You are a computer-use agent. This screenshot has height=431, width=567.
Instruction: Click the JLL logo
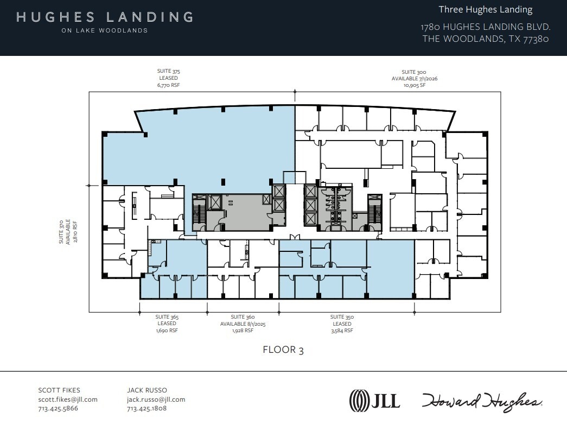click(374, 401)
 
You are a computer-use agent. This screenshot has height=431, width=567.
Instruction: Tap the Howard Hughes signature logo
click(482, 401)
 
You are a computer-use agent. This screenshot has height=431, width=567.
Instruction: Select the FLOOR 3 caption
click(283, 350)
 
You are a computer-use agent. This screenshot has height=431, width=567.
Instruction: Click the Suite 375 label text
click(168, 71)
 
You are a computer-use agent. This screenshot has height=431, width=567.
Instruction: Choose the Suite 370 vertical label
click(68, 231)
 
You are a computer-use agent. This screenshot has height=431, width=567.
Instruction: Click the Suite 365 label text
click(167, 316)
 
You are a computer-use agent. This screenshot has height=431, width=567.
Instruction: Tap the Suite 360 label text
click(243, 316)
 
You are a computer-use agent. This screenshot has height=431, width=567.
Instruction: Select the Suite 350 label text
click(342, 316)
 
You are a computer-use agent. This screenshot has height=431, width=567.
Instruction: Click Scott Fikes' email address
click(68, 400)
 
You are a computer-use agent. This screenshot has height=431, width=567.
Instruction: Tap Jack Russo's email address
click(156, 400)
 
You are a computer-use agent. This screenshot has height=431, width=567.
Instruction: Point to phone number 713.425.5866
click(58, 408)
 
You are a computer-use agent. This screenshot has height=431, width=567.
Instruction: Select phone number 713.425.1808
click(146, 408)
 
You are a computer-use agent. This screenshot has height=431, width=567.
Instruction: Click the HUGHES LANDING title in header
click(105, 17)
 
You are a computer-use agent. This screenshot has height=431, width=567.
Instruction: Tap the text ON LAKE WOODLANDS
click(105, 30)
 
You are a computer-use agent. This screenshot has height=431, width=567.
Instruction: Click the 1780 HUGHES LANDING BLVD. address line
click(486, 27)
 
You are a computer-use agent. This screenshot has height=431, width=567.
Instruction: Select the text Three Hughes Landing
click(486, 10)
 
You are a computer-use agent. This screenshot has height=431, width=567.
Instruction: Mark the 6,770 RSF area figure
click(168, 85)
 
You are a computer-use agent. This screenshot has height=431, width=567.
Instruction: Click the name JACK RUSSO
click(146, 390)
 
